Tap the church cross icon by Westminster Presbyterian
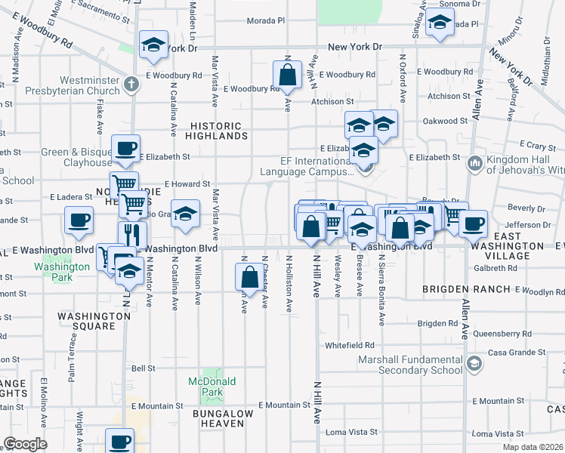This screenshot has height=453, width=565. pyautogui.click(x=131, y=83)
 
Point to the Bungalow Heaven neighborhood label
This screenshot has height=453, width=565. pyautogui.click(x=218, y=418)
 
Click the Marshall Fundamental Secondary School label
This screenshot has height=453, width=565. pyautogui.click(x=409, y=365)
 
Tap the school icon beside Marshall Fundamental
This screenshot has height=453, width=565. pyautogui.click(x=474, y=365)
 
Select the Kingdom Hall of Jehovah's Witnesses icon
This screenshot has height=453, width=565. pyautogui.click(x=476, y=163)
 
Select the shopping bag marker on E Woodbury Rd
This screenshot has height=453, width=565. pyautogui.click(x=287, y=76)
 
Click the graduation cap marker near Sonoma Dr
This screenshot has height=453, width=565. pyautogui.click(x=439, y=23)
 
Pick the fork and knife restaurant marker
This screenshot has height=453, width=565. pyautogui.click(x=131, y=234)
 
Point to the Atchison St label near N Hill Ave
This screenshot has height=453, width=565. pyautogui.click(x=333, y=101)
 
